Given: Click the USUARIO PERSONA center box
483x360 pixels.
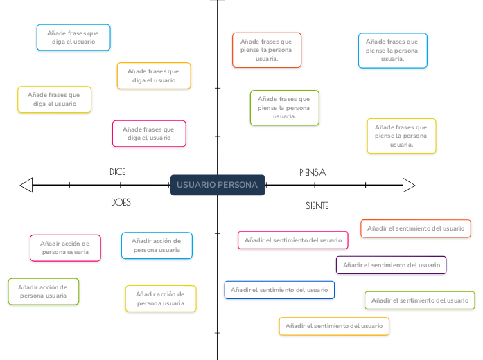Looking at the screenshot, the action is (x=218, y=185).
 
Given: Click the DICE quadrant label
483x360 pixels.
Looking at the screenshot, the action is (x=118, y=172).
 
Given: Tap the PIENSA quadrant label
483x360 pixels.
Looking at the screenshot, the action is (x=313, y=172).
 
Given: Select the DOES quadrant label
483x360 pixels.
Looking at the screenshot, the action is (x=121, y=202).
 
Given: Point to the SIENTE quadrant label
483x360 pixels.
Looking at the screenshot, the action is (x=317, y=206).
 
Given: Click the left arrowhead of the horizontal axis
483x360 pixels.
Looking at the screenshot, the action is (x=26, y=185).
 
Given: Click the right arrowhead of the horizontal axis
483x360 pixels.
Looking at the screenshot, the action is (x=409, y=186).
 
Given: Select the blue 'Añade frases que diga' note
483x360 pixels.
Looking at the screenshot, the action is (x=73, y=37).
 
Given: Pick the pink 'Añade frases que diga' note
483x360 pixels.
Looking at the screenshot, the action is (x=149, y=134).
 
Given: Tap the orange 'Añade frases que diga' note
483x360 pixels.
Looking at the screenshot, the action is (x=154, y=75).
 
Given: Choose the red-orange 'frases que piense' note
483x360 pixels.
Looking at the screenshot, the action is (x=267, y=50).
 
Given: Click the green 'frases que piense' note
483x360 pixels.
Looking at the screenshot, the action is (x=285, y=108).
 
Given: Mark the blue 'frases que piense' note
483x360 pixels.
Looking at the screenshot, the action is (x=393, y=51).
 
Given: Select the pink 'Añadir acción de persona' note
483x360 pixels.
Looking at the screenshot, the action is (x=65, y=248).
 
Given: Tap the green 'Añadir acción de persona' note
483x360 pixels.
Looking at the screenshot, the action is (x=44, y=291).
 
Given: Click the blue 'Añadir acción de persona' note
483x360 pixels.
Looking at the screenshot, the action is (x=157, y=246).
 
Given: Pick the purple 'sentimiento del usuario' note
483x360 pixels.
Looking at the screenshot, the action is (x=392, y=265).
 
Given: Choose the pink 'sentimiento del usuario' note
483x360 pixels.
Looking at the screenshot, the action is (x=293, y=240).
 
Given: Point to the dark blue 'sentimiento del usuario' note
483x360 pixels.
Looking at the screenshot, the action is (x=279, y=290).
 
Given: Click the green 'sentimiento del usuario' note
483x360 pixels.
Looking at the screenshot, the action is (x=420, y=300).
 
